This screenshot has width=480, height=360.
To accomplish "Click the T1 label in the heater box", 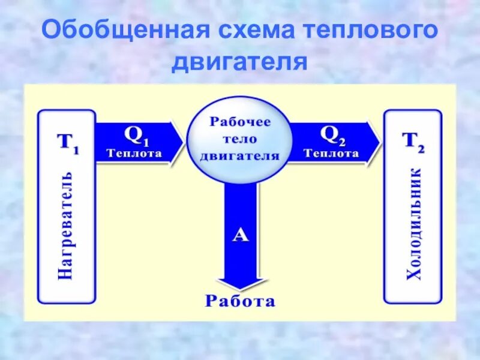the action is (x=67, y=142).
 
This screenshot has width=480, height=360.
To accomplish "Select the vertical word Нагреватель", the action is (x=66, y=225).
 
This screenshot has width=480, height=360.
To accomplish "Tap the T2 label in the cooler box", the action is (x=413, y=142).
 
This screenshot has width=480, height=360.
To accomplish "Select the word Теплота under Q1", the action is (x=134, y=153).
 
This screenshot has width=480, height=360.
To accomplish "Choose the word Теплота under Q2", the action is (x=332, y=153).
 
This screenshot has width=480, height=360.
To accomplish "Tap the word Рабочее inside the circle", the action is (x=240, y=121).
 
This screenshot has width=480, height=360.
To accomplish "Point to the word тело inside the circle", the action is (x=240, y=139).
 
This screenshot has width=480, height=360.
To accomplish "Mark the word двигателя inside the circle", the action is (x=240, y=155).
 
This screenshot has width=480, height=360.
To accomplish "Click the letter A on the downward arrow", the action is (x=240, y=235).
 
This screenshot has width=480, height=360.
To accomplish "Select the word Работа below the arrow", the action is (x=240, y=301).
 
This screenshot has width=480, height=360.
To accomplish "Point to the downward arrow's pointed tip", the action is (x=240, y=289).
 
